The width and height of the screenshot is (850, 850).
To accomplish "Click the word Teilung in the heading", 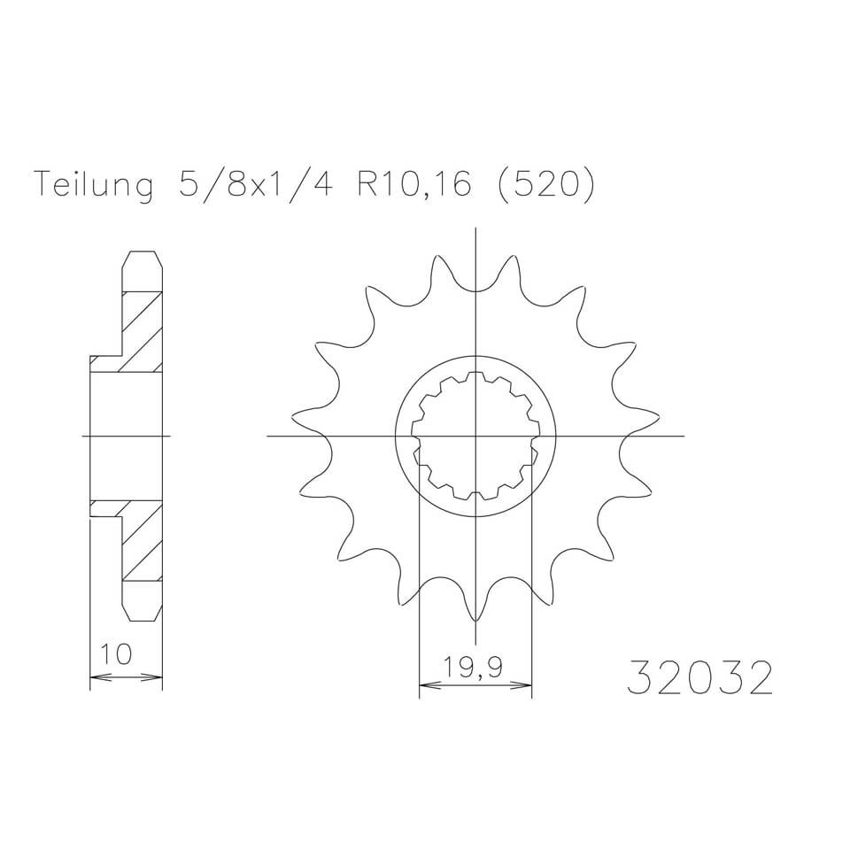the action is point(94,185).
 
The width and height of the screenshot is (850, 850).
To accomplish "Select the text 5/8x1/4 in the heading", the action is point(254,185).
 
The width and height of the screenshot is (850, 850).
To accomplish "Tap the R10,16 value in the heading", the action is point(414,185).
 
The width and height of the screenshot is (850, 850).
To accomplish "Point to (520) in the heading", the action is point(546,185).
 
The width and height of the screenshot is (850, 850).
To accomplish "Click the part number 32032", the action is point(699,677).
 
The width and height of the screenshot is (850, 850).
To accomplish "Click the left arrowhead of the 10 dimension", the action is point(100,676).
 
